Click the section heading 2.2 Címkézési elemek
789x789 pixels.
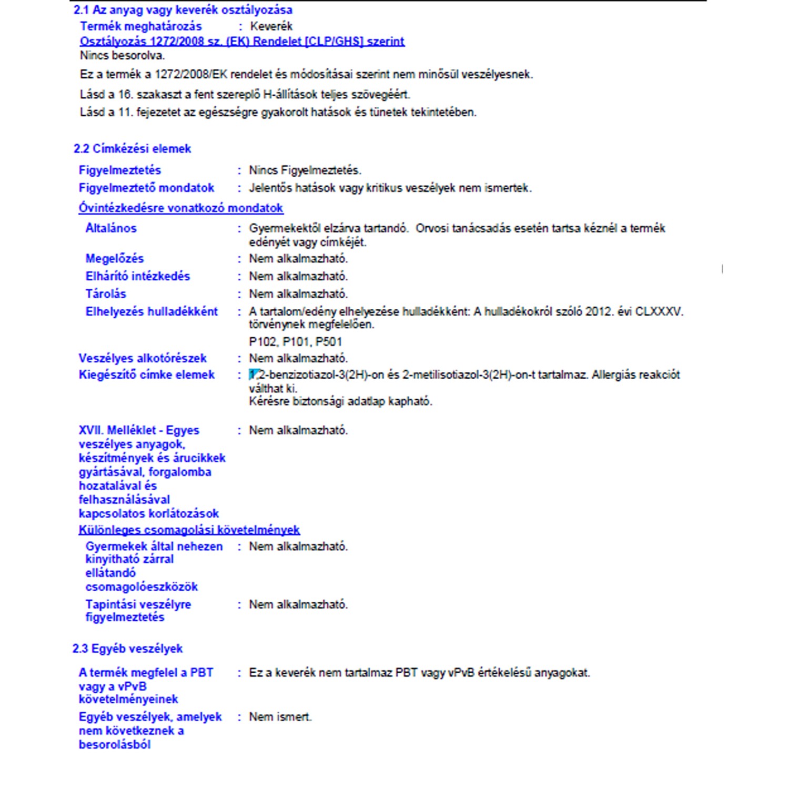(132, 149)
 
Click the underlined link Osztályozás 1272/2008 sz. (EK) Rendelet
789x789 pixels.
(242, 42)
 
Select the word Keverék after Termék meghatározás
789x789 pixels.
(271, 26)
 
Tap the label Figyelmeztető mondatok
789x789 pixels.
(146, 188)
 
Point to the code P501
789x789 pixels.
(329, 342)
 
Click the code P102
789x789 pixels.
(262, 342)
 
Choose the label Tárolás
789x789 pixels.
(106, 294)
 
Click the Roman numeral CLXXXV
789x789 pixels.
(659, 311)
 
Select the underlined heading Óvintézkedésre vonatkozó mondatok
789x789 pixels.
(181, 208)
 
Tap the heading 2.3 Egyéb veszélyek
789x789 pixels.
(127, 649)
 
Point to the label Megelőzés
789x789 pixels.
(114, 258)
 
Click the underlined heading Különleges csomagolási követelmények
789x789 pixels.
(189, 530)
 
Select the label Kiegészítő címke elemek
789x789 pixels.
(147, 375)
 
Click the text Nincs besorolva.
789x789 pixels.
(122, 55)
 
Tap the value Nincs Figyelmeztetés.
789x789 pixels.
(305, 170)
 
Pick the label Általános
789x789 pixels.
(111, 228)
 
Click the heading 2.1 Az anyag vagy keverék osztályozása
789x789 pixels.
(183, 10)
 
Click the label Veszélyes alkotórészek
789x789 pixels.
(143, 358)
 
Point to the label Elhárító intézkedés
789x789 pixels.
(137, 276)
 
